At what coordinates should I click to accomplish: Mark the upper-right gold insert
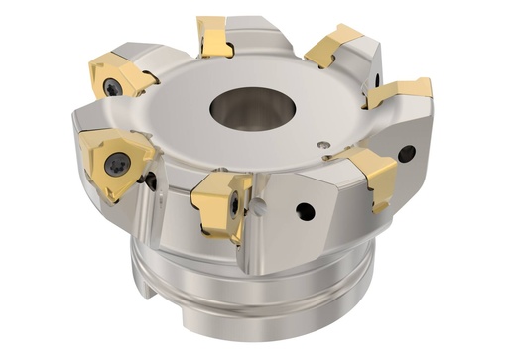335,45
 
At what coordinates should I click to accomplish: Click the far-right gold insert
400,92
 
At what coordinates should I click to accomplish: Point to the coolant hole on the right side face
406,153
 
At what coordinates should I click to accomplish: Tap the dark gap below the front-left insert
150,180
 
